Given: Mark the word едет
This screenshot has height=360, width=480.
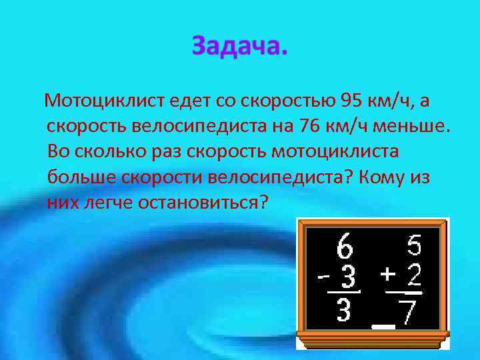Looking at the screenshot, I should pyautogui.click(x=189, y=101).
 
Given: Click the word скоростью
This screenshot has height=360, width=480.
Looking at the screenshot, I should pyautogui.click(x=291, y=101).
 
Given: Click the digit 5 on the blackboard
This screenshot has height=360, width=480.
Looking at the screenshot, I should pyautogui.click(x=414, y=247).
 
